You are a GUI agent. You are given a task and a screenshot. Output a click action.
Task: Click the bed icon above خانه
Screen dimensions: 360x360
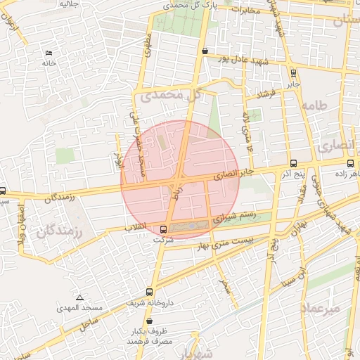point(49,53)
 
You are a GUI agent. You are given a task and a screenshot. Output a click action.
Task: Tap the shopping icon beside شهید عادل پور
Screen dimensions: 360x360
point(205,51)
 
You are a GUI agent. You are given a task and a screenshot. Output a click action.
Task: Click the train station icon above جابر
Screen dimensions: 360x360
point(293,72)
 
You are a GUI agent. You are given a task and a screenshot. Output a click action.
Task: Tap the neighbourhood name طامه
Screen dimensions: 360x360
point(314,105)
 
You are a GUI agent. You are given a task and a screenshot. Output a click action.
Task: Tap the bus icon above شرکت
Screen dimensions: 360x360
point(164,229)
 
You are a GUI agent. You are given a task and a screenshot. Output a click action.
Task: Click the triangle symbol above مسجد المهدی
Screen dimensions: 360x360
point(79,297)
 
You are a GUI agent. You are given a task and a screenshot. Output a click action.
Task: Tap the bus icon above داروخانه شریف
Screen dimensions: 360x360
point(149,292)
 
